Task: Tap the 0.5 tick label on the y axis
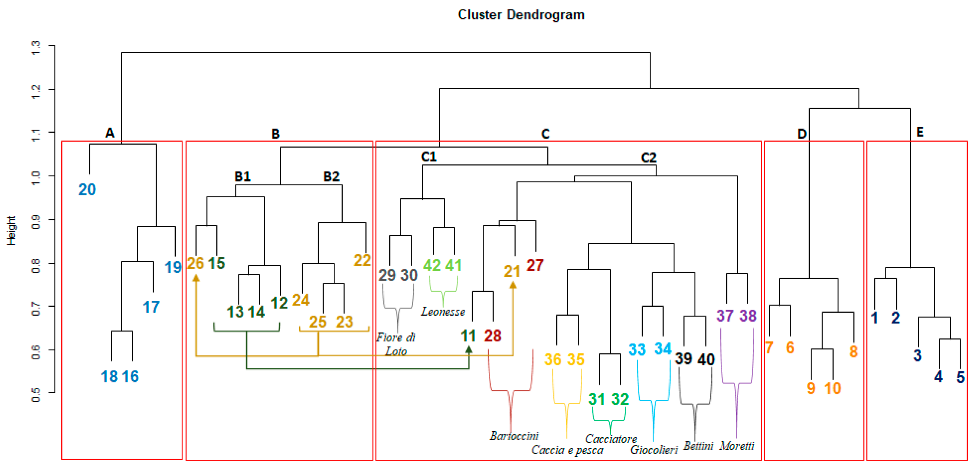(36, 395)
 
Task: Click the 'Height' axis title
(11, 230)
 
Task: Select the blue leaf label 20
(87, 189)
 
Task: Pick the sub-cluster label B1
(243, 176)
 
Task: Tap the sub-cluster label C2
(648, 158)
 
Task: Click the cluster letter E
(920, 132)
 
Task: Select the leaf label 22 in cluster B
(362, 260)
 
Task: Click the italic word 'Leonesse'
(443, 311)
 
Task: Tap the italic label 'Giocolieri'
(654, 449)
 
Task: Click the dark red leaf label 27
(535, 265)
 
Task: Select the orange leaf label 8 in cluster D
(853, 351)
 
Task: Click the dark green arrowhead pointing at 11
(469, 350)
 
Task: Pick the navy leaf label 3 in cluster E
(917, 355)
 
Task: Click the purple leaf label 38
(748, 316)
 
